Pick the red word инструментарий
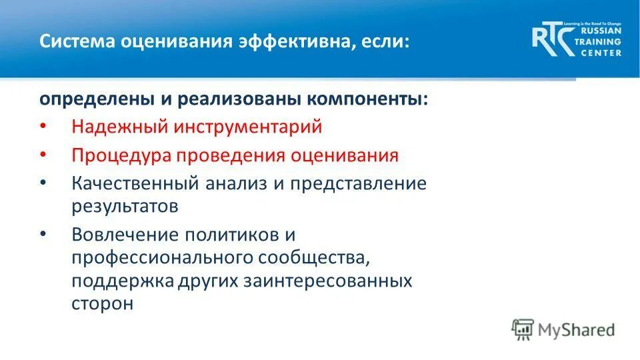click(x=245, y=127)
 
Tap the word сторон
click(x=102, y=303)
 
